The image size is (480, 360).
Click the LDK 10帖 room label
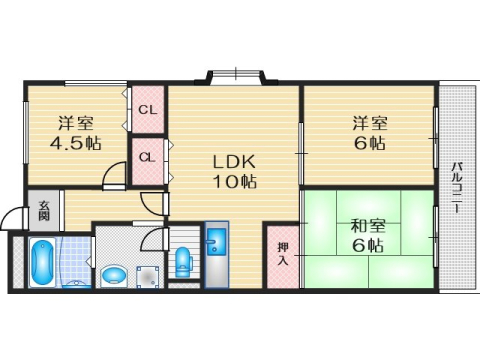pyautogui.click(x=234, y=171)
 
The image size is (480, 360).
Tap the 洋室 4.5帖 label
pyautogui.click(x=76, y=133)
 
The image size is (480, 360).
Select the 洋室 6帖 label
pyautogui.click(x=369, y=133)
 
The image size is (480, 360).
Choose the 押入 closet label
pyautogui.click(x=282, y=254)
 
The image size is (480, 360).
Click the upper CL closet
pyautogui.click(x=147, y=109)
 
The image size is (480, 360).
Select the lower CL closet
pyautogui.click(x=147, y=157)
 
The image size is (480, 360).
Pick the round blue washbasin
pyautogui.click(x=115, y=272)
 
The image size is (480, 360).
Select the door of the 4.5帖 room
pyautogui.click(x=116, y=177)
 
